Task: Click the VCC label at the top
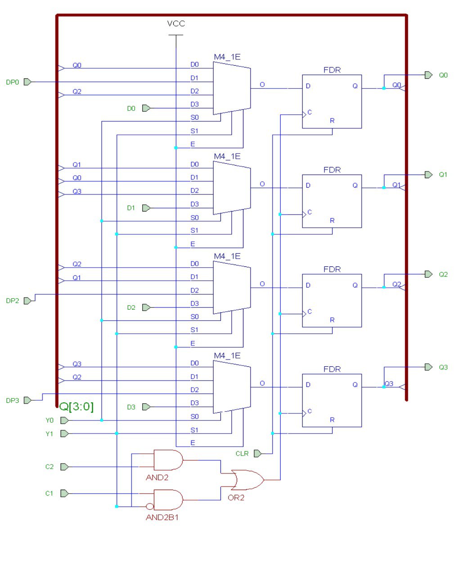(x=176, y=23)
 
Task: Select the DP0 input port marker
(x=27, y=82)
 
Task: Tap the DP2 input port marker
(x=27, y=301)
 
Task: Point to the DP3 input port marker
(x=27, y=400)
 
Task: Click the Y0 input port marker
(x=64, y=420)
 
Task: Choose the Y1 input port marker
(x=64, y=434)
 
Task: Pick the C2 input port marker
(x=64, y=467)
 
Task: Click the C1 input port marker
(x=64, y=494)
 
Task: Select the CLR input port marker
(x=257, y=454)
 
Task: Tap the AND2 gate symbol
(x=168, y=460)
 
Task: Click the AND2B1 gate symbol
(x=168, y=500)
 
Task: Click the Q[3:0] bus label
(x=76, y=407)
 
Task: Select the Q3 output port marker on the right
(x=428, y=367)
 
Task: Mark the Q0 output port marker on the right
(x=428, y=75)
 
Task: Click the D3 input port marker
(x=146, y=407)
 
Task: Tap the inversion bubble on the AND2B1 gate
(x=150, y=507)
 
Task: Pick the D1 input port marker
(x=146, y=208)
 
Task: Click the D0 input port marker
(x=146, y=108)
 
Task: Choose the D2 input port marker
(x=146, y=307)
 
